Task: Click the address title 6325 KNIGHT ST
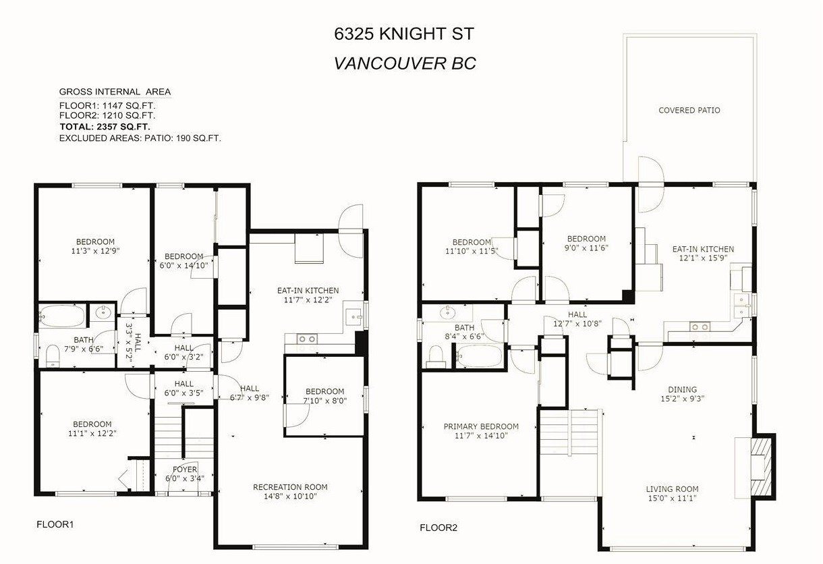[x=404, y=34]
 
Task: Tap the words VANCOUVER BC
[x=405, y=63]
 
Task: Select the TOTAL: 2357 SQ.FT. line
[x=105, y=127]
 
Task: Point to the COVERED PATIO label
[x=689, y=110]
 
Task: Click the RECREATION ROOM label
[x=290, y=487]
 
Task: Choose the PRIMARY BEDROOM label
[x=481, y=426]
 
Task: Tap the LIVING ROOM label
[x=673, y=489]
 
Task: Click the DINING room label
[x=682, y=389]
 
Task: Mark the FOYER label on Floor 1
[x=185, y=469]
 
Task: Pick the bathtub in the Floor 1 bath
[x=63, y=315]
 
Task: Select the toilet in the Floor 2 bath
[x=436, y=356]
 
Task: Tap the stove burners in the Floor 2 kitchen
[x=700, y=327]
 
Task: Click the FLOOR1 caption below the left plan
[x=55, y=524]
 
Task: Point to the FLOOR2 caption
[x=438, y=528]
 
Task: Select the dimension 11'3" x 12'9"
[x=96, y=251]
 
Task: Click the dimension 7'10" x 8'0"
[x=324, y=401]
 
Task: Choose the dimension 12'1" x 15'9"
[x=703, y=258]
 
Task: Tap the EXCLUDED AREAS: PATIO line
[x=140, y=138]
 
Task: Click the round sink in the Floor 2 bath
[x=448, y=313]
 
